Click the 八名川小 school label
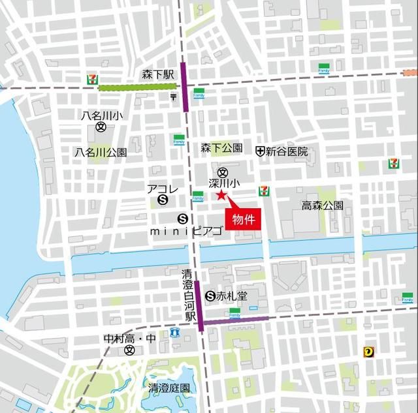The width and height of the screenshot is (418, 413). point(101,115)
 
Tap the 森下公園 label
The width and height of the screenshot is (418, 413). point(221,148)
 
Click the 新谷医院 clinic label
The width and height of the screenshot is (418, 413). point(286,151)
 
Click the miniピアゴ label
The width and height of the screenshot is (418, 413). point(186,231)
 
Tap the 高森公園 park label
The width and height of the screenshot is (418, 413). point(322,206)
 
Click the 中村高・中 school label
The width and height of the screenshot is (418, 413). point(131,339)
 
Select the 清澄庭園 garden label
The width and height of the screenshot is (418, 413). point(169,388)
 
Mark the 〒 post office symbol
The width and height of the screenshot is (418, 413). point(173,97)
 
